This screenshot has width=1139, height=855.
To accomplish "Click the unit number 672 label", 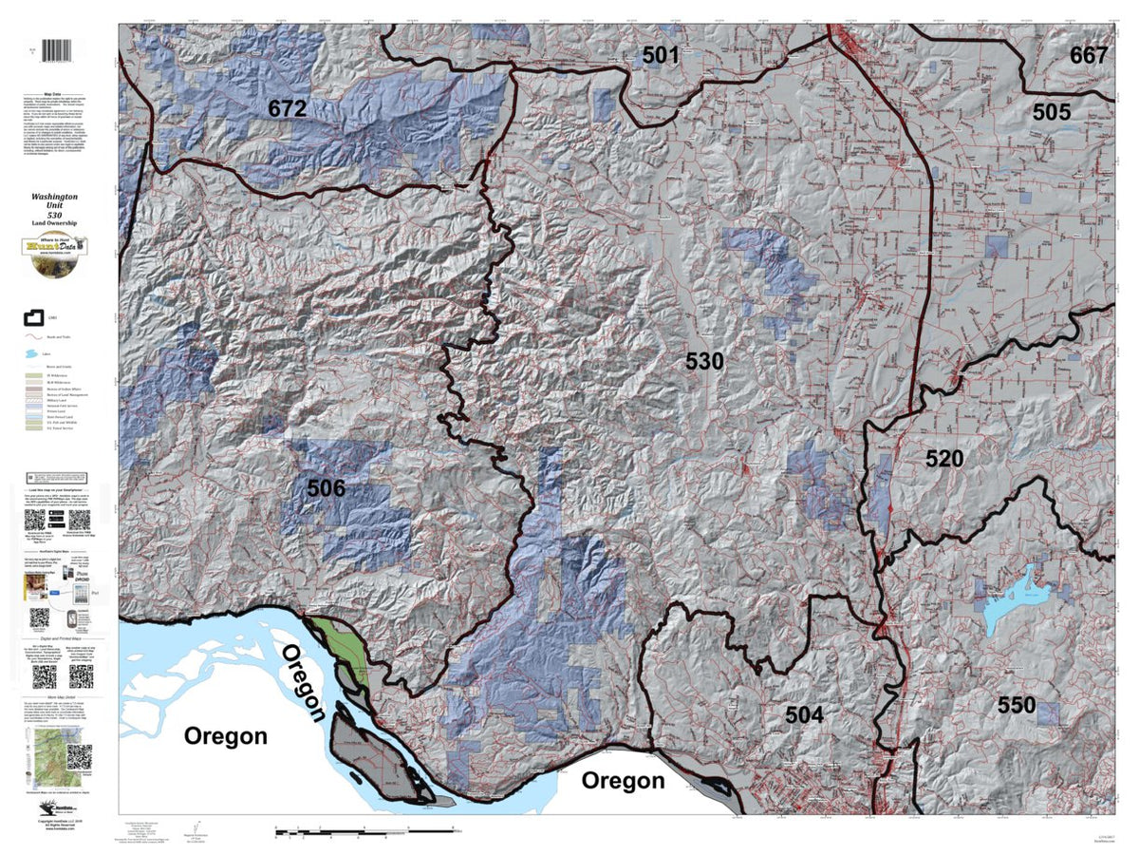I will (x=287, y=109).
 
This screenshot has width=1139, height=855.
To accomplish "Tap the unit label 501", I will (x=660, y=55).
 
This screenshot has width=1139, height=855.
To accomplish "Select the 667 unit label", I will (x=1088, y=55).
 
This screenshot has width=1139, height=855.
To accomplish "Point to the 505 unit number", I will (x=1052, y=112).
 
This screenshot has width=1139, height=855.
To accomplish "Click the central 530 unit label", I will (x=705, y=362).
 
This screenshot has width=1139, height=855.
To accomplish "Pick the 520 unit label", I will (x=944, y=459).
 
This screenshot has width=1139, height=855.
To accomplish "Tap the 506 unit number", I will (x=326, y=488).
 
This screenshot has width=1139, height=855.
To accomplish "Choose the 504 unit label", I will (x=804, y=715).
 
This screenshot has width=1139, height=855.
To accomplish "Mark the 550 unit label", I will (x=1016, y=705).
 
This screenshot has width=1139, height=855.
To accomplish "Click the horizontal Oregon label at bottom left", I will (x=225, y=736).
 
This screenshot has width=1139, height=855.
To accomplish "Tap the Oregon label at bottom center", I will (x=623, y=781).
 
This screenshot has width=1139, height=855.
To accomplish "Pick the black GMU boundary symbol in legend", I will (x=35, y=317).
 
